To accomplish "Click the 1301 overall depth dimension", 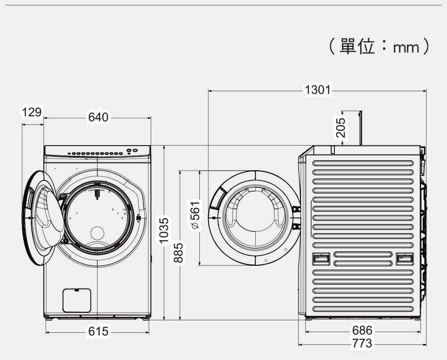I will coord(317,90).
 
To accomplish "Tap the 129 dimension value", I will coord(32,112).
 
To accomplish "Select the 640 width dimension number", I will coord(98,117).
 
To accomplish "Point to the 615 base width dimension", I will coord(98,331).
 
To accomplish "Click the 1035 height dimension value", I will coord(164,231).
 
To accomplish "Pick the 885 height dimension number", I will coord(179,253).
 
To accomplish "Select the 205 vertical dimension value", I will coord(341,128).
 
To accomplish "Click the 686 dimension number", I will coord(362,331).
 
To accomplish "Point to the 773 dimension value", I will coord(362,343).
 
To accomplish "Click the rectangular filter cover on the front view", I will coord(77,300).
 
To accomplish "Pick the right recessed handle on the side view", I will coord(405,259).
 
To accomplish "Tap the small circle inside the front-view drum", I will coord(97,233).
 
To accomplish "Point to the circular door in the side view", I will coord(253,218).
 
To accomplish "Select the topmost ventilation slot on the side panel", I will coord(363,163).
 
